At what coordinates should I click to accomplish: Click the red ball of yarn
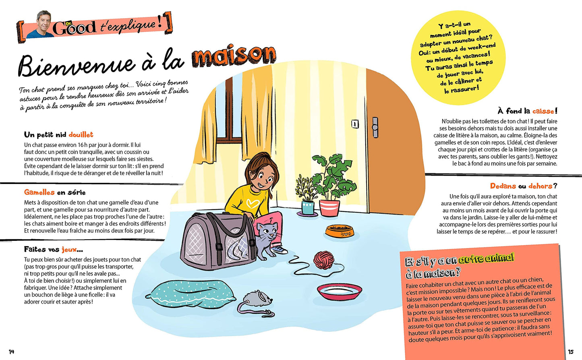coord(324,260)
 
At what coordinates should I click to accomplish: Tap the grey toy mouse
coord(258,300)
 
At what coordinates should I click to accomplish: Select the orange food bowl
coord(340,231)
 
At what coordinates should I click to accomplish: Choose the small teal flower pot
coord(308,207)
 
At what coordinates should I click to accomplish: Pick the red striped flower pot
coord(329,208)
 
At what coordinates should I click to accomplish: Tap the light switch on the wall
coord(355,124)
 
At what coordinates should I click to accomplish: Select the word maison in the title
coord(234,56)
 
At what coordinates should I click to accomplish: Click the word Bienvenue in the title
coord(77,65)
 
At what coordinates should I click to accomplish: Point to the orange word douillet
coord(81,134)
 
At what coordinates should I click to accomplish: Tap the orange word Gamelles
coord(39,192)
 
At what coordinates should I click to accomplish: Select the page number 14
coord(11,352)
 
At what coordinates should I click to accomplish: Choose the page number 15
coord(570,352)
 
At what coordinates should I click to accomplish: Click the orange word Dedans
coord(503,186)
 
